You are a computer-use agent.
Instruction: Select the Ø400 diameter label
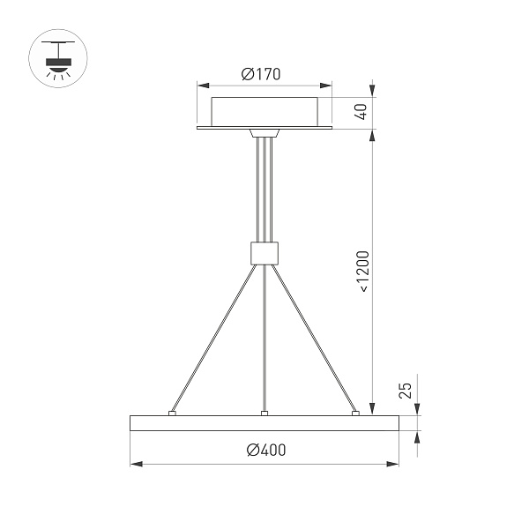pos(267,450)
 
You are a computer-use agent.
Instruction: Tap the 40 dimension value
pos(359,113)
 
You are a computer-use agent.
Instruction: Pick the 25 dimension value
pos(406,391)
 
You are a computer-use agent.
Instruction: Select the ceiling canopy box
pos(264,110)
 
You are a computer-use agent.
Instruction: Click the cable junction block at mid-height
pos(264,252)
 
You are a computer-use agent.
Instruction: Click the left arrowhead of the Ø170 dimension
pos(202,86)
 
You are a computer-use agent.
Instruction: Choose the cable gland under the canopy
pos(264,135)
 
